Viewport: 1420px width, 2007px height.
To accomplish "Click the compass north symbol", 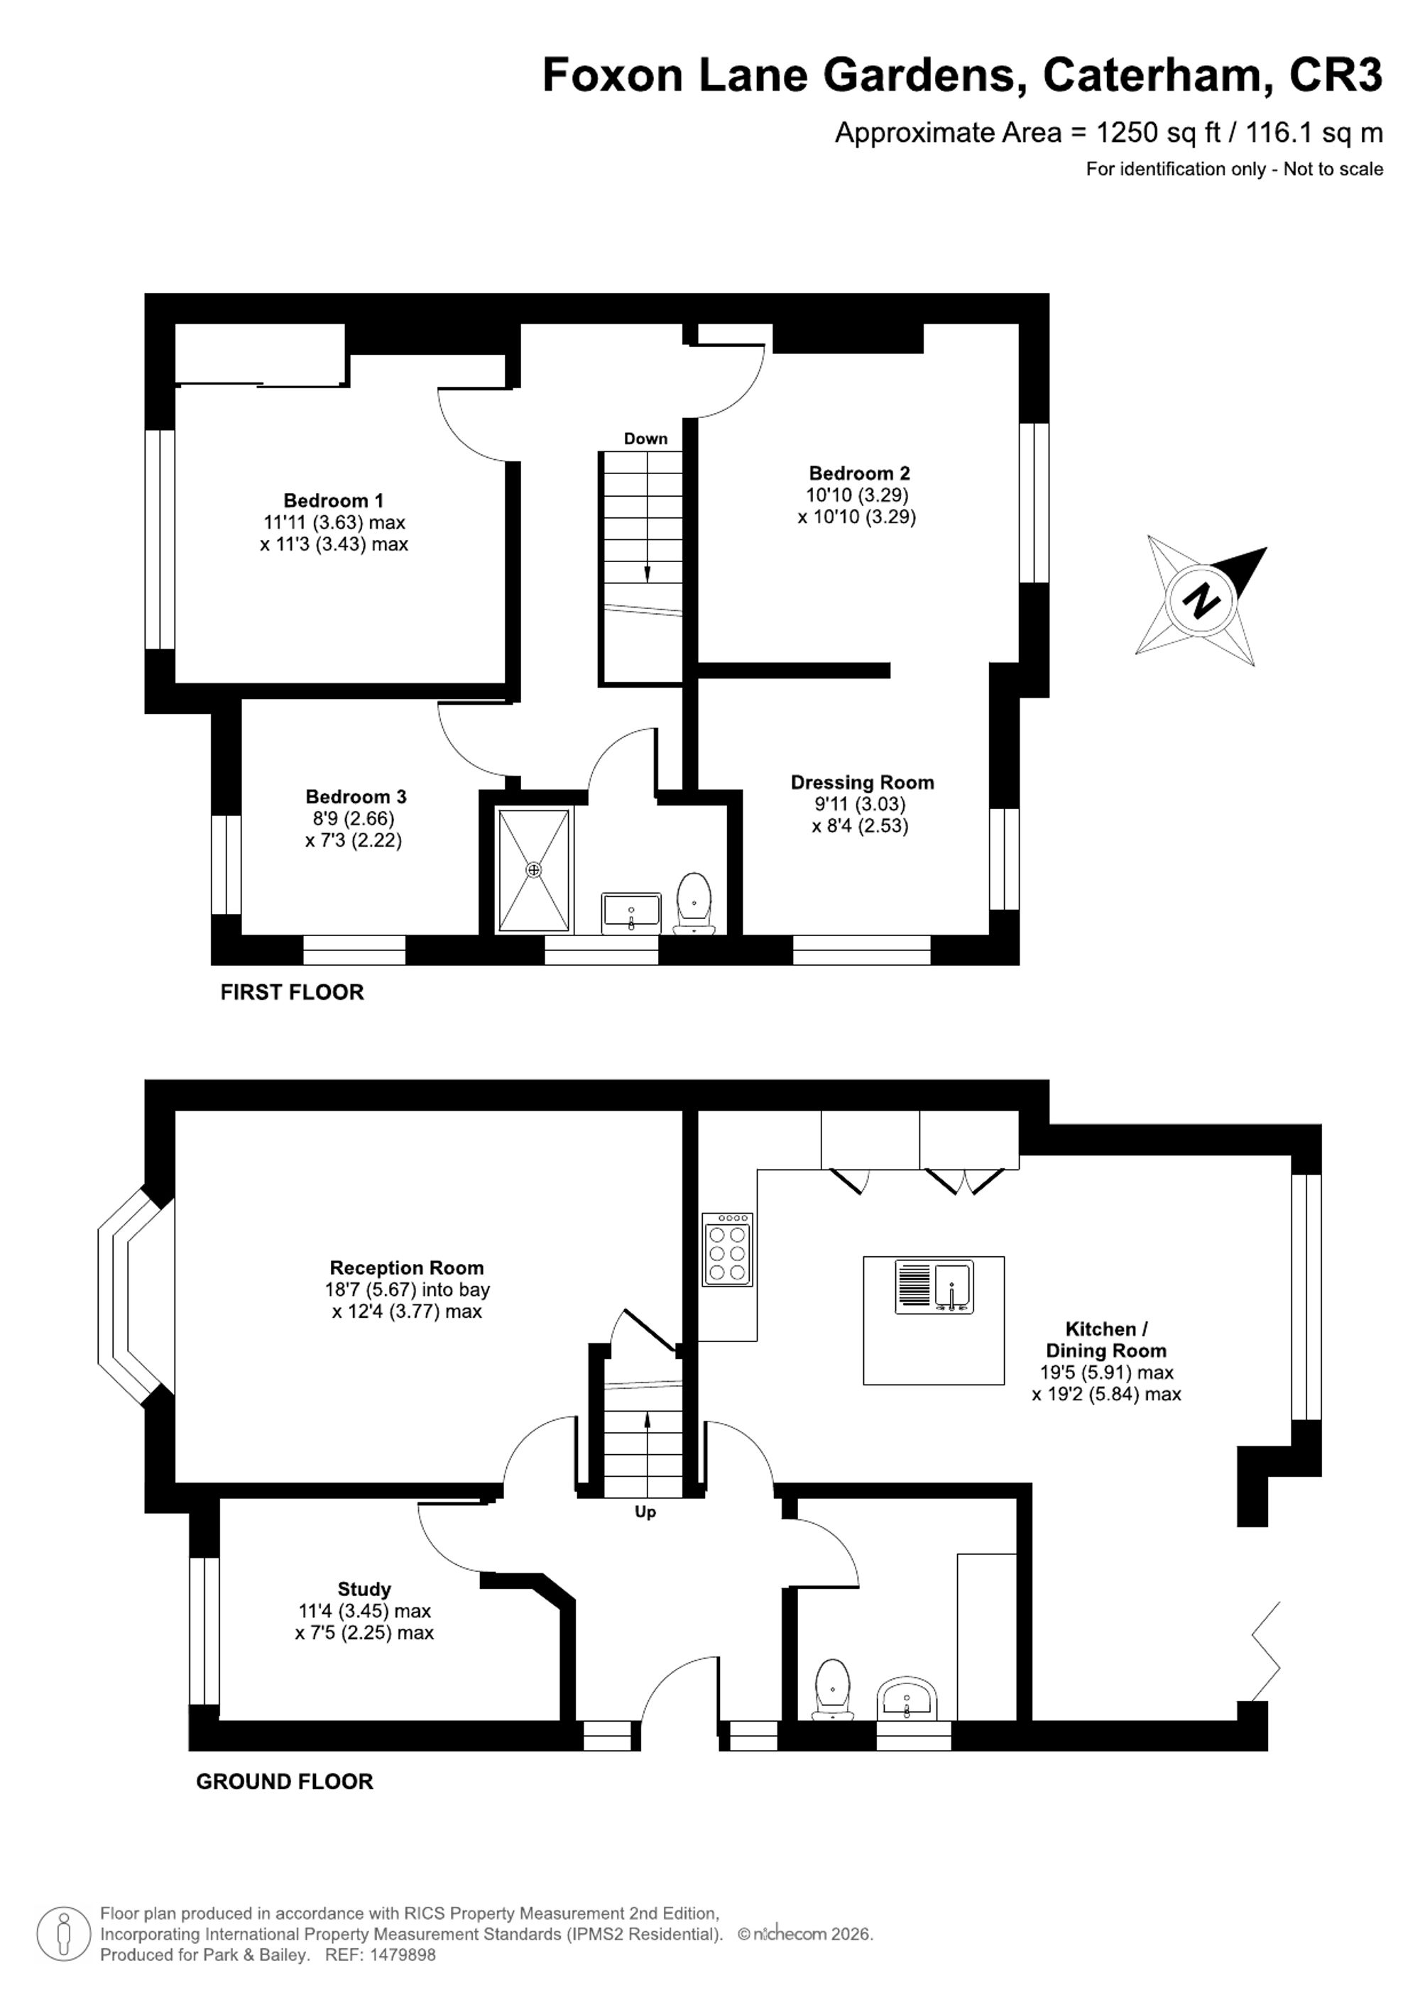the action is tap(1201, 601).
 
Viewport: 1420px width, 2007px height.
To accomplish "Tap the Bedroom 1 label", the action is tap(333, 501).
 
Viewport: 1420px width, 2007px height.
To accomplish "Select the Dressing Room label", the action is tap(862, 782).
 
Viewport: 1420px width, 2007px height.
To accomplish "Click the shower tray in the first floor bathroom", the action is tap(533, 870).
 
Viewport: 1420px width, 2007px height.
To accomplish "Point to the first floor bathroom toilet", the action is tap(694, 903).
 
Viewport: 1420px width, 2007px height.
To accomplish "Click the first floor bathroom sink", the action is tap(630, 913).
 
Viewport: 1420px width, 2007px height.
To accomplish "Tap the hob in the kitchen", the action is tap(728, 1249).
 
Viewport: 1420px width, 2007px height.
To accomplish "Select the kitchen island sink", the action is tap(934, 1287).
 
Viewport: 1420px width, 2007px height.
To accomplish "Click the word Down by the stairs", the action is tap(645, 439).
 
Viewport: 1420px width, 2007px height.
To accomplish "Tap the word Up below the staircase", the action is tap(645, 1513).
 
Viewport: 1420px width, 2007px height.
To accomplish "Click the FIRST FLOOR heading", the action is tap(292, 992).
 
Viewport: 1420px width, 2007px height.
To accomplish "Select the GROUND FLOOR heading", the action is tap(284, 1781).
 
